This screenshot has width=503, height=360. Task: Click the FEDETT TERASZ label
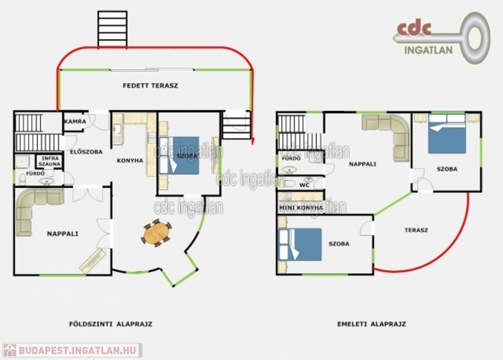[150, 85]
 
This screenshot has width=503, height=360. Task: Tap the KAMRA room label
[75, 122]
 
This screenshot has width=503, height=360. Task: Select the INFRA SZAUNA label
[50, 161]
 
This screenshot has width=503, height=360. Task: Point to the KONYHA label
[130, 161]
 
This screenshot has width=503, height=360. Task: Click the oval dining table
[157, 233]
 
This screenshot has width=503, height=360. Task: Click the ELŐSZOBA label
[86, 152]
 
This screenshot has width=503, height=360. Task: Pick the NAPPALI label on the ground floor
[62, 234]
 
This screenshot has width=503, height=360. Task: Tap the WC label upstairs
[304, 185]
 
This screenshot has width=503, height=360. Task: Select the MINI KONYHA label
[301, 208]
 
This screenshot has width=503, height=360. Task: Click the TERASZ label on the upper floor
[416, 230]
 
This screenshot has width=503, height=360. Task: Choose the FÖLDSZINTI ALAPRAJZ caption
[111, 324]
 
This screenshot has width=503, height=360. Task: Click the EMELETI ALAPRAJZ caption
[371, 324]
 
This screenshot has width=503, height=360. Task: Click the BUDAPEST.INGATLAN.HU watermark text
[77, 350]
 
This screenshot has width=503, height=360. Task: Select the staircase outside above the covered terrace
[112, 29]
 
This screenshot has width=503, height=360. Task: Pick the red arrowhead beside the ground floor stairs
[252, 141]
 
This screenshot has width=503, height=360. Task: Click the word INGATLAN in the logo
[428, 50]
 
